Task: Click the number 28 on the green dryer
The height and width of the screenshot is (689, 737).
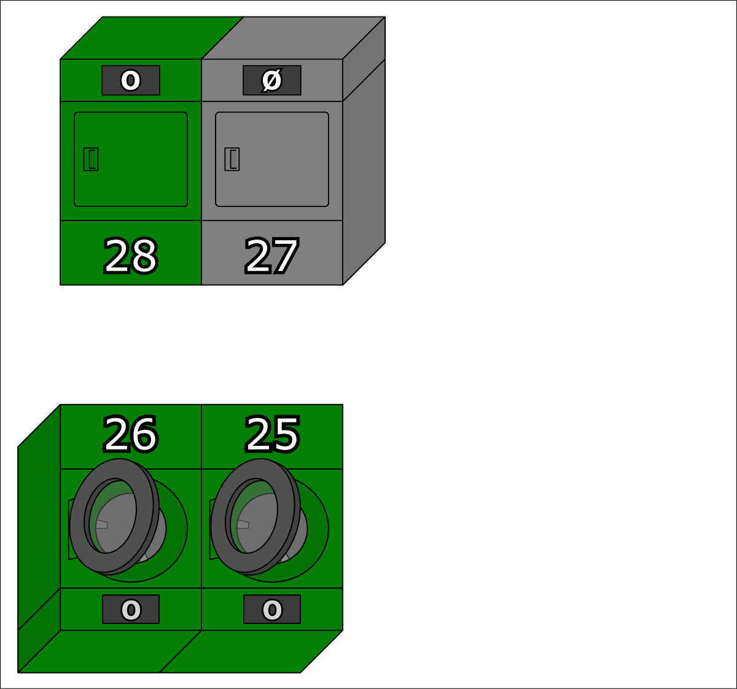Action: [131, 256]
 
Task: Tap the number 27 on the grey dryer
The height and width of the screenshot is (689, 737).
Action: [271, 256]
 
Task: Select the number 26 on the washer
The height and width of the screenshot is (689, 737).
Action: [130, 434]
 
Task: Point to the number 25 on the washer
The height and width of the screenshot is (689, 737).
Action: [272, 434]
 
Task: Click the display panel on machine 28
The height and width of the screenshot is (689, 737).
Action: [131, 80]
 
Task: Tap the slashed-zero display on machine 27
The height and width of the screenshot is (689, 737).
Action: [272, 80]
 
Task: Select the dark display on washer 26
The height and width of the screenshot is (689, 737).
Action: [131, 609]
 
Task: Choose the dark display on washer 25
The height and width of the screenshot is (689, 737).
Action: [272, 609]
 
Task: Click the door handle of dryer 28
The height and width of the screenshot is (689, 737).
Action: [91, 159]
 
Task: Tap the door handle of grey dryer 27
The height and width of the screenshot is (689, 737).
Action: [232, 159]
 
